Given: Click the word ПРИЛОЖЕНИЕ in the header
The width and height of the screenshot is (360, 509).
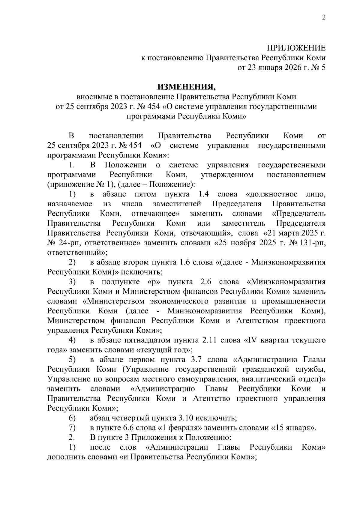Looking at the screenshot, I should tap(296, 48).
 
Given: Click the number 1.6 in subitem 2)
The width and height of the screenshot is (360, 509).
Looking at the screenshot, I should tap(185, 262).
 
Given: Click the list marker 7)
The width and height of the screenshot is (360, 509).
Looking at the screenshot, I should tap(72, 428).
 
